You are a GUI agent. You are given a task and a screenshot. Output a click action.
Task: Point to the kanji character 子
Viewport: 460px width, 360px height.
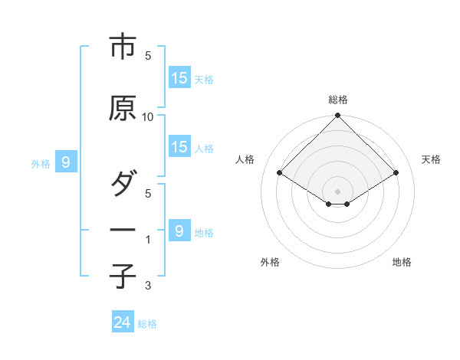pyautogui.click(x=122, y=276)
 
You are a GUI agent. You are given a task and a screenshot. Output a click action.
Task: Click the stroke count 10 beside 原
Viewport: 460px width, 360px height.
pyautogui.click(x=148, y=116)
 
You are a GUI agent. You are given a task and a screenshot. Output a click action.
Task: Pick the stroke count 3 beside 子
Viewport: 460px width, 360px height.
pyautogui.click(x=148, y=286)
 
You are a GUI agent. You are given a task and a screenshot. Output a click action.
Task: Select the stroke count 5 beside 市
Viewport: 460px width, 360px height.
pyautogui.click(x=148, y=55)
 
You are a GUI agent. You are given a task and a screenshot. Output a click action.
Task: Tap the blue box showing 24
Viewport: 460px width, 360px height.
pyautogui.click(x=123, y=322)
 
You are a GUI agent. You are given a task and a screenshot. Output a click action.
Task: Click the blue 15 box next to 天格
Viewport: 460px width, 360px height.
pyautogui.click(x=179, y=77)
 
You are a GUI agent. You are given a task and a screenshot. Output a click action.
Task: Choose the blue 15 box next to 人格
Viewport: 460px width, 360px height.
pyautogui.click(x=179, y=147)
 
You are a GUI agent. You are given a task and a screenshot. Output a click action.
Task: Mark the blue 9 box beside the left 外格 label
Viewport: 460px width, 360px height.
pyautogui.click(x=66, y=162)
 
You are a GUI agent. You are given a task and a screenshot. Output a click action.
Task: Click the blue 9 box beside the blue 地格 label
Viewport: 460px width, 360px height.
pyautogui.click(x=179, y=231)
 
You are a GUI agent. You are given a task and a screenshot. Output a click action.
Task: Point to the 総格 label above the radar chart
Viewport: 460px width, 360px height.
pyautogui.click(x=337, y=100)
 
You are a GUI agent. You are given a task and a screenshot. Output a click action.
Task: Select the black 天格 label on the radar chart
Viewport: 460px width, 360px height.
pyautogui.click(x=431, y=159)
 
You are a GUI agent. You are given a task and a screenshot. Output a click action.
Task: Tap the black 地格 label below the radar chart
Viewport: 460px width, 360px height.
pyautogui.click(x=402, y=263)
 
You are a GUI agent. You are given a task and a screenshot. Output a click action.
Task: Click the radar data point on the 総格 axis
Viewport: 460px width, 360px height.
pyautogui.click(x=337, y=116)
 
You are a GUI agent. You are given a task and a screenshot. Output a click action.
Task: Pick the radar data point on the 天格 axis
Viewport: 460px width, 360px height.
pyautogui.click(x=396, y=173)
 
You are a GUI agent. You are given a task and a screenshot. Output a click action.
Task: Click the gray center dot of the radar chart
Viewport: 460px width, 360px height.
pyautogui.click(x=337, y=191)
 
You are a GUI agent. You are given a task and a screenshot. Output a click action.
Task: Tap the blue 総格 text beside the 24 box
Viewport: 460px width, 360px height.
pyautogui.click(x=147, y=324)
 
